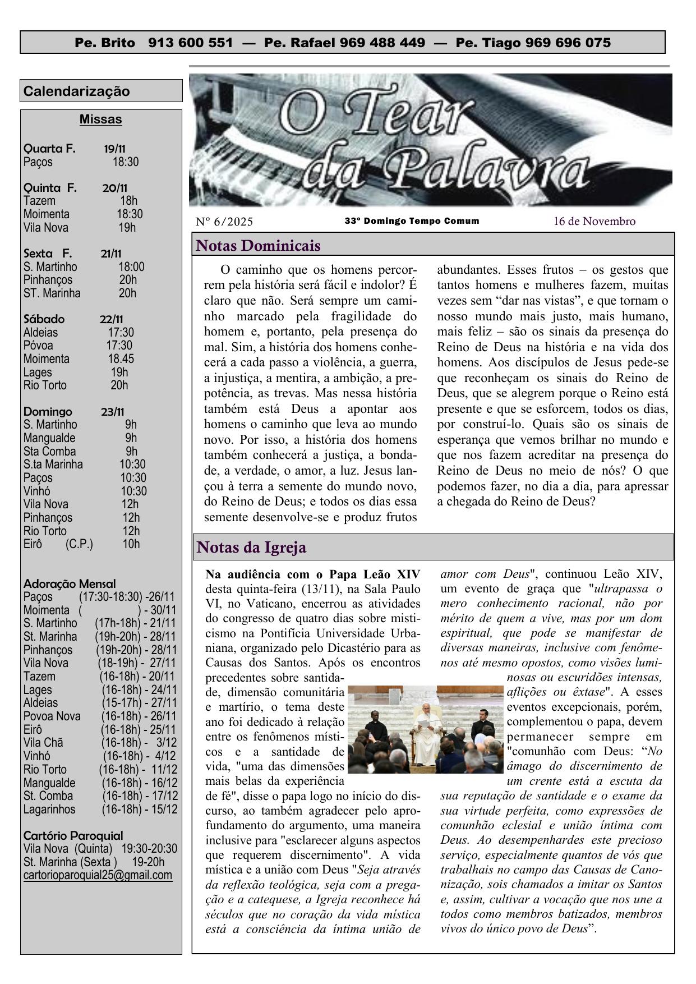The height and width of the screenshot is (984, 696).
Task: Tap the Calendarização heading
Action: pyautogui.click(x=77, y=91)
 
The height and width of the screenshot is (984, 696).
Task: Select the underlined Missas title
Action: pyautogui.click(x=100, y=119)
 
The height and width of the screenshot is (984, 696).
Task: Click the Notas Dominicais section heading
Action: pyautogui.click(x=259, y=246)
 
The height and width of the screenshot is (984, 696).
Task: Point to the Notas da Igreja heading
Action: pyautogui.click(x=251, y=547)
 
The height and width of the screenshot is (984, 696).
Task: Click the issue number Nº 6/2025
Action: pyautogui.click(x=224, y=222)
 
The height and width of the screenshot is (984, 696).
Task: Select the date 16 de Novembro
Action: pyautogui.click(x=594, y=221)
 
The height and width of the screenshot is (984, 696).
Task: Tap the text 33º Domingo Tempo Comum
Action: pyautogui.click(x=412, y=221)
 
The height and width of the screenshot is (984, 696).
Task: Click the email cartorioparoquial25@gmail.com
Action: pyautogui.click(x=98, y=875)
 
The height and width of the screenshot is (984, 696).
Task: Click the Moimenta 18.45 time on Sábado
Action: pyautogui.click(x=121, y=359)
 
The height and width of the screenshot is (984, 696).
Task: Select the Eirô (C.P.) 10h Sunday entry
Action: pyautogui.click(x=81, y=544)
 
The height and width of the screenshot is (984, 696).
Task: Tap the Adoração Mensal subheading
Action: pyautogui.click(x=70, y=583)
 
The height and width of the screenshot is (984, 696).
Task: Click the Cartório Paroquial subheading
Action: pyautogui.click(x=73, y=835)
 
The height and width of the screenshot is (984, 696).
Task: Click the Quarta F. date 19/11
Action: pyautogui.click(x=114, y=149)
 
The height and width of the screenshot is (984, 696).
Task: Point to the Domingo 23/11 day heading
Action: pyautogui.click(x=75, y=412)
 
